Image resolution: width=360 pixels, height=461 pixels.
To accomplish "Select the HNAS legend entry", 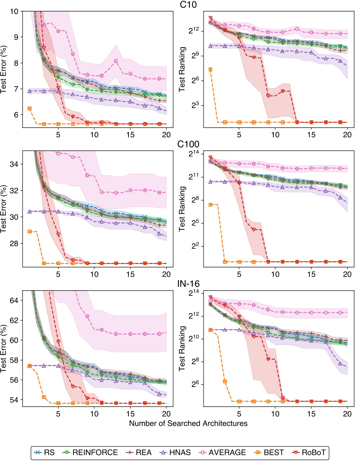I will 175,453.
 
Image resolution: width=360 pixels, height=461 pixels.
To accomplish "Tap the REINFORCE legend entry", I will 90,453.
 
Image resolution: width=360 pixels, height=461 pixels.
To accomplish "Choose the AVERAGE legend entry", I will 222,453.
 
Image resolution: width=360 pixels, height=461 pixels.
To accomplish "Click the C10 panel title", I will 188,5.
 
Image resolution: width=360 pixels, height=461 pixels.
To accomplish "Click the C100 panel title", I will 188,144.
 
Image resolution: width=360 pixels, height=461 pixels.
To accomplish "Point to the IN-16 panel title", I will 188,284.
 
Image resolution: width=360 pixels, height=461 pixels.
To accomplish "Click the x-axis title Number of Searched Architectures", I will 188,424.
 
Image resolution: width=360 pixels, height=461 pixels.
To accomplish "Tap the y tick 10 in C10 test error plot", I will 14,11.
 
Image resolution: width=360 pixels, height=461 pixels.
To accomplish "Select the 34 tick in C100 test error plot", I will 14,164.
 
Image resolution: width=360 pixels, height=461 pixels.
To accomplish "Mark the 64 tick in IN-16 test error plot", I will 14,300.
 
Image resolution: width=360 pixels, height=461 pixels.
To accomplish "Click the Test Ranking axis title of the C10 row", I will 182,69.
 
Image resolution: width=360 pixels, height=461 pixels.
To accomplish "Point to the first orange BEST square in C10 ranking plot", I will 210,70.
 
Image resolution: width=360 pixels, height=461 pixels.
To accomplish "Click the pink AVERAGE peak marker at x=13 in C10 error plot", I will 116,61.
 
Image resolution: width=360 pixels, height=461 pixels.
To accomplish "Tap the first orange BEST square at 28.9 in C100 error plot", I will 29,232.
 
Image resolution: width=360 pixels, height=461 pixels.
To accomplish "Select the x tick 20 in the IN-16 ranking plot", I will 347,414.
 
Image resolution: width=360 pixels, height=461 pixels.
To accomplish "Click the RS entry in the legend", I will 45,453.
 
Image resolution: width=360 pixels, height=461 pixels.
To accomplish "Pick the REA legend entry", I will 139,453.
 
